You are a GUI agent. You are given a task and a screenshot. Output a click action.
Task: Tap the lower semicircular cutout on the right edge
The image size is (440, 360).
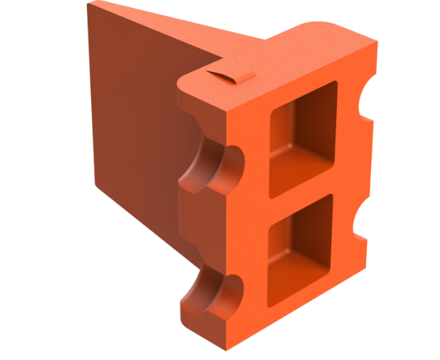click(x=360, y=218)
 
